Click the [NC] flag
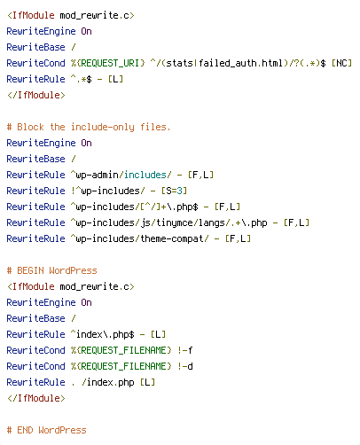click(341, 63)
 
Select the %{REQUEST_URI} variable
click(108, 63)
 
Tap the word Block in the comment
click(30, 127)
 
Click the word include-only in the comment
click(103, 128)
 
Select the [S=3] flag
click(174, 191)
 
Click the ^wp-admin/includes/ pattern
click(121, 175)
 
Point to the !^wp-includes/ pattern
click(108, 191)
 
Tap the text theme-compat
click(171, 238)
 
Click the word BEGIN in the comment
click(30, 270)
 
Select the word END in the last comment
click(25, 430)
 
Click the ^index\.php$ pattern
click(103, 334)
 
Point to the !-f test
click(185, 350)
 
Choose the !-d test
click(185, 366)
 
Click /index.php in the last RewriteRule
click(108, 382)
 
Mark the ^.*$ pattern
click(82, 79)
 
